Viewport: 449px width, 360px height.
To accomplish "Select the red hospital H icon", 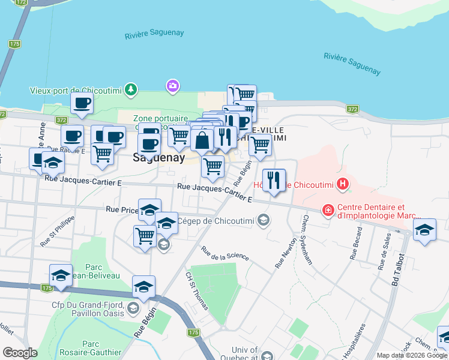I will coord(343,184).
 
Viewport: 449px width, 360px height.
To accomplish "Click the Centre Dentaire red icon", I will coord(328,210).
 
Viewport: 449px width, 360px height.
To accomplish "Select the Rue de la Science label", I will coord(224,253).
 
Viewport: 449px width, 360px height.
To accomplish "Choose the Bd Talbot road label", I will coord(396,271).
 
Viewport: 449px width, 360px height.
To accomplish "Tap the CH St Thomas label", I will coord(197,290).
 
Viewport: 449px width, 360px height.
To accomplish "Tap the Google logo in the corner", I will coord(20,353).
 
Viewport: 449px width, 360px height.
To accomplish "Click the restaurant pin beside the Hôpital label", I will coord(274,180).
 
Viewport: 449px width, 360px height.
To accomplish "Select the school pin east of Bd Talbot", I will coord(424,230).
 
